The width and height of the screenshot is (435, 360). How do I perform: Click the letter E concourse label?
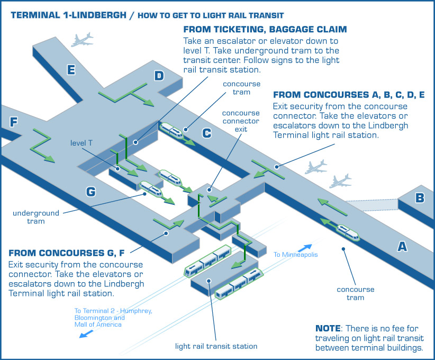[71, 70]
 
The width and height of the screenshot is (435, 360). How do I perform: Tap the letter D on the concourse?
[159, 76]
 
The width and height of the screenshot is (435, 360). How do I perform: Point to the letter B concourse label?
[420, 199]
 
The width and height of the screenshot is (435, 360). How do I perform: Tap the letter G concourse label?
[91, 192]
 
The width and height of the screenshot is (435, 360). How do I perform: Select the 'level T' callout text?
[81, 143]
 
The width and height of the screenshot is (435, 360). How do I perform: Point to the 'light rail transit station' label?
[216, 346]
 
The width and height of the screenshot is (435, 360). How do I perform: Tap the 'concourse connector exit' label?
[240, 121]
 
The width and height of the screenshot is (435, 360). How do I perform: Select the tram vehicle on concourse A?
[347, 231]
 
